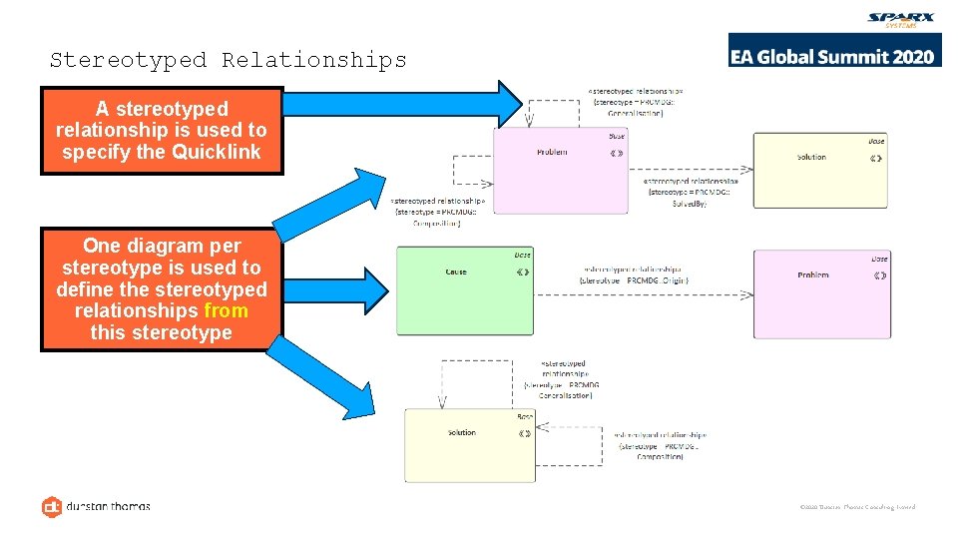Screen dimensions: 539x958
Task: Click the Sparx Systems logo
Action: (x=901, y=20)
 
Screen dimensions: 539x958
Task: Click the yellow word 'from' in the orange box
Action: (x=226, y=310)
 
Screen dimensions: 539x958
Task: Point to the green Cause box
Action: (x=464, y=276)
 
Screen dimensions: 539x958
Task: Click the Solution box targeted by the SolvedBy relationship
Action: (x=819, y=170)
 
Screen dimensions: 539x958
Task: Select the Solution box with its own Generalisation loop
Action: (x=469, y=445)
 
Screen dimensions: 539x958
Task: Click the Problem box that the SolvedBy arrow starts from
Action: (x=562, y=170)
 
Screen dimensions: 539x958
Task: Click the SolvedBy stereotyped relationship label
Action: (x=692, y=191)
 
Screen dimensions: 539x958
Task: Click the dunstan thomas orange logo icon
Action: (x=52, y=507)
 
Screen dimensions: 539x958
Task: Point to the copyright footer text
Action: (x=857, y=507)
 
